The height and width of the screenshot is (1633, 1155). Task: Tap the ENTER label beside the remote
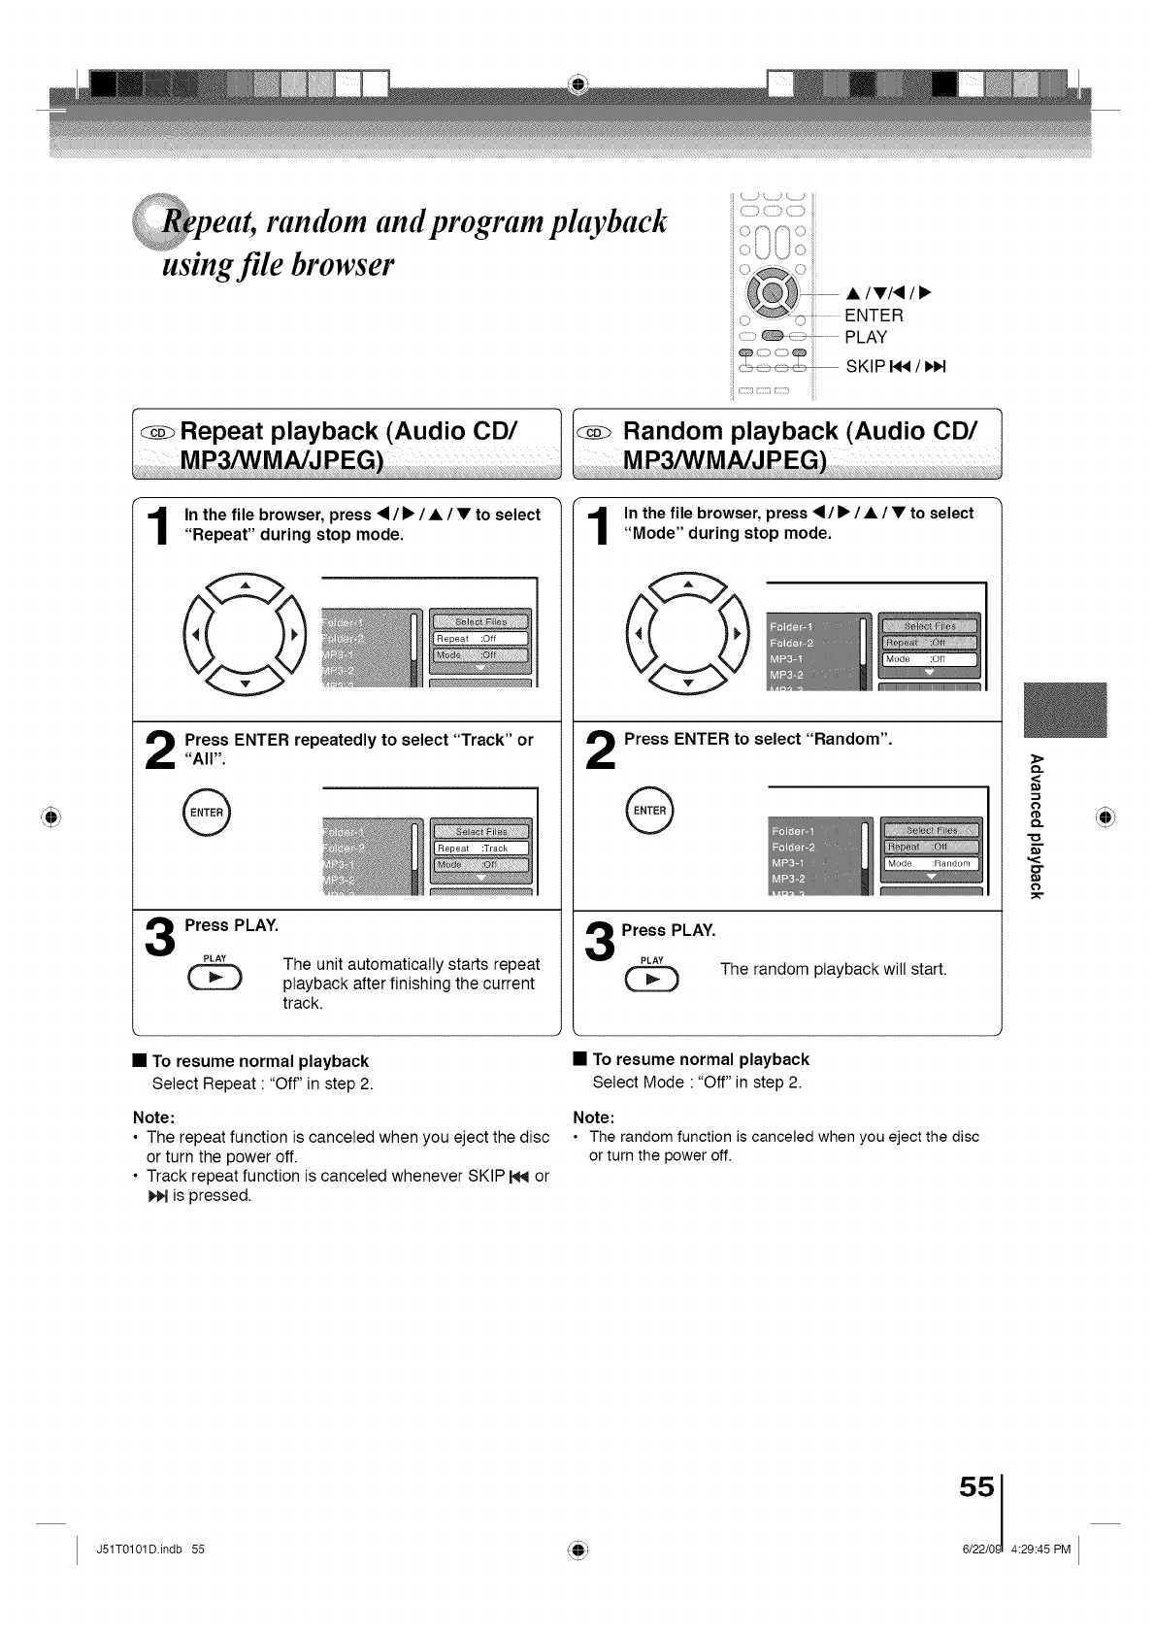click(874, 316)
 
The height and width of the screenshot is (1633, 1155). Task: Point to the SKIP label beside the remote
click(866, 367)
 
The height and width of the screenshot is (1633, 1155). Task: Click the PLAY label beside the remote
click(866, 338)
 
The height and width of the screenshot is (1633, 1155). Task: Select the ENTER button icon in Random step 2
click(649, 811)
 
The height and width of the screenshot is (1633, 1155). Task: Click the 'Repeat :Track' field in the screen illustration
click(480, 849)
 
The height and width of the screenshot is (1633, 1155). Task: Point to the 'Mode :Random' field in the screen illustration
click(930, 863)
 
